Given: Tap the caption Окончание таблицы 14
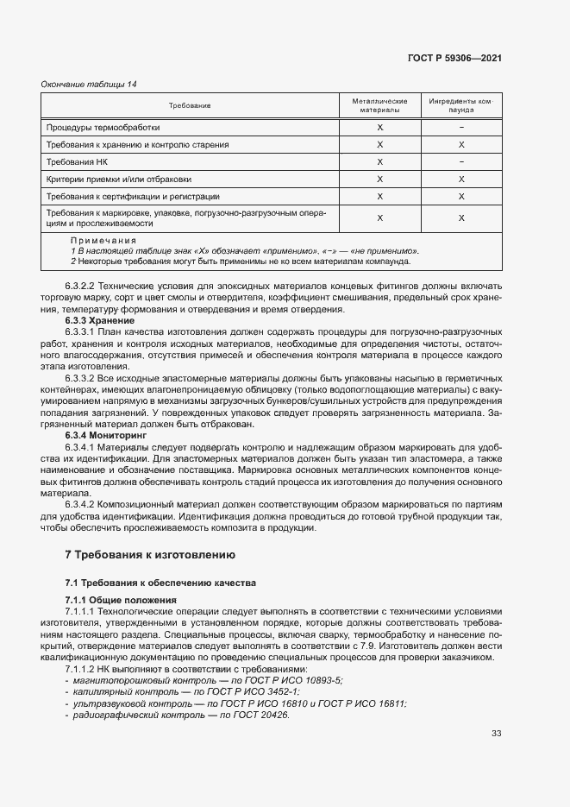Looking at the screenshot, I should (89, 84).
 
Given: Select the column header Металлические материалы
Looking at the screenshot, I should (379, 105).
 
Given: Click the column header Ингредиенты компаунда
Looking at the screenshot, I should (460, 105).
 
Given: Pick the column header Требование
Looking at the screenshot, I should (190, 105).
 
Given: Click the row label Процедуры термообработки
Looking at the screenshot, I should (103, 127).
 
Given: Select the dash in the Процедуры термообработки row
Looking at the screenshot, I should (461, 127).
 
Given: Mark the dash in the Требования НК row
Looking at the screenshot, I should (461, 161).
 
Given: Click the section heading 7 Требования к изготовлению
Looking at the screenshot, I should (155, 554).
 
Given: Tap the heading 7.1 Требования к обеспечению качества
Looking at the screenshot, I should (160, 583).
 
